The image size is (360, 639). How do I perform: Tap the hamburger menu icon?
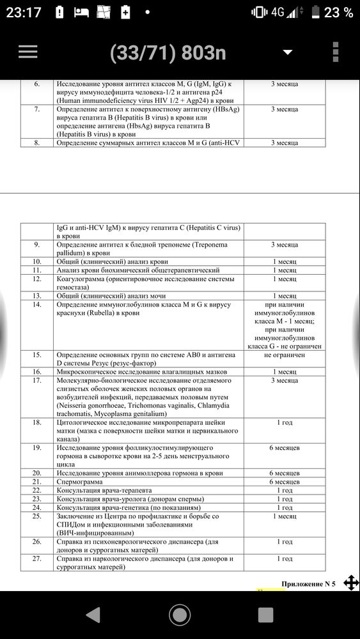[x=28, y=52]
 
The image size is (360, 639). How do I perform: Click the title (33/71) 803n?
[x=168, y=53]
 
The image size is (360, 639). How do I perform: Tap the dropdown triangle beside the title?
[x=288, y=52]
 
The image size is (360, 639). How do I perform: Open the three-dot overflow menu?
[x=336, y=52]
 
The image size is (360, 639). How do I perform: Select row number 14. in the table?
[x=36, y=304]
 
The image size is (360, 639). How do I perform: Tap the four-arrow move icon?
[x=351, y=582]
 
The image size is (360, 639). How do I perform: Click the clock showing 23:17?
[x=22, y=12]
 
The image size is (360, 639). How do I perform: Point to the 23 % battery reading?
[x=338, y=12]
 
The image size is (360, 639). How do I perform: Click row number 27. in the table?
[x=36, y=558]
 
